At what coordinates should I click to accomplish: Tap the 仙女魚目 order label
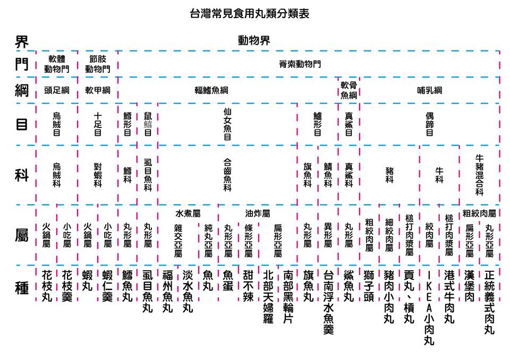click(x=227, y=124)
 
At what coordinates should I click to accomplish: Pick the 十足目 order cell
click(x=98, y=124)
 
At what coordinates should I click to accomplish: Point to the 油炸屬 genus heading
click(x=257, y=213)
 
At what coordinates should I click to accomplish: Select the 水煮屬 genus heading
click(x=188, y=213)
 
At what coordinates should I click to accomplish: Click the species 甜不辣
click(x=248, y=286)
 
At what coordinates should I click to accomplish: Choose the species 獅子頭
click(x=369, y=286)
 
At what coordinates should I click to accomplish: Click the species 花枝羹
click(x=67, y=286)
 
